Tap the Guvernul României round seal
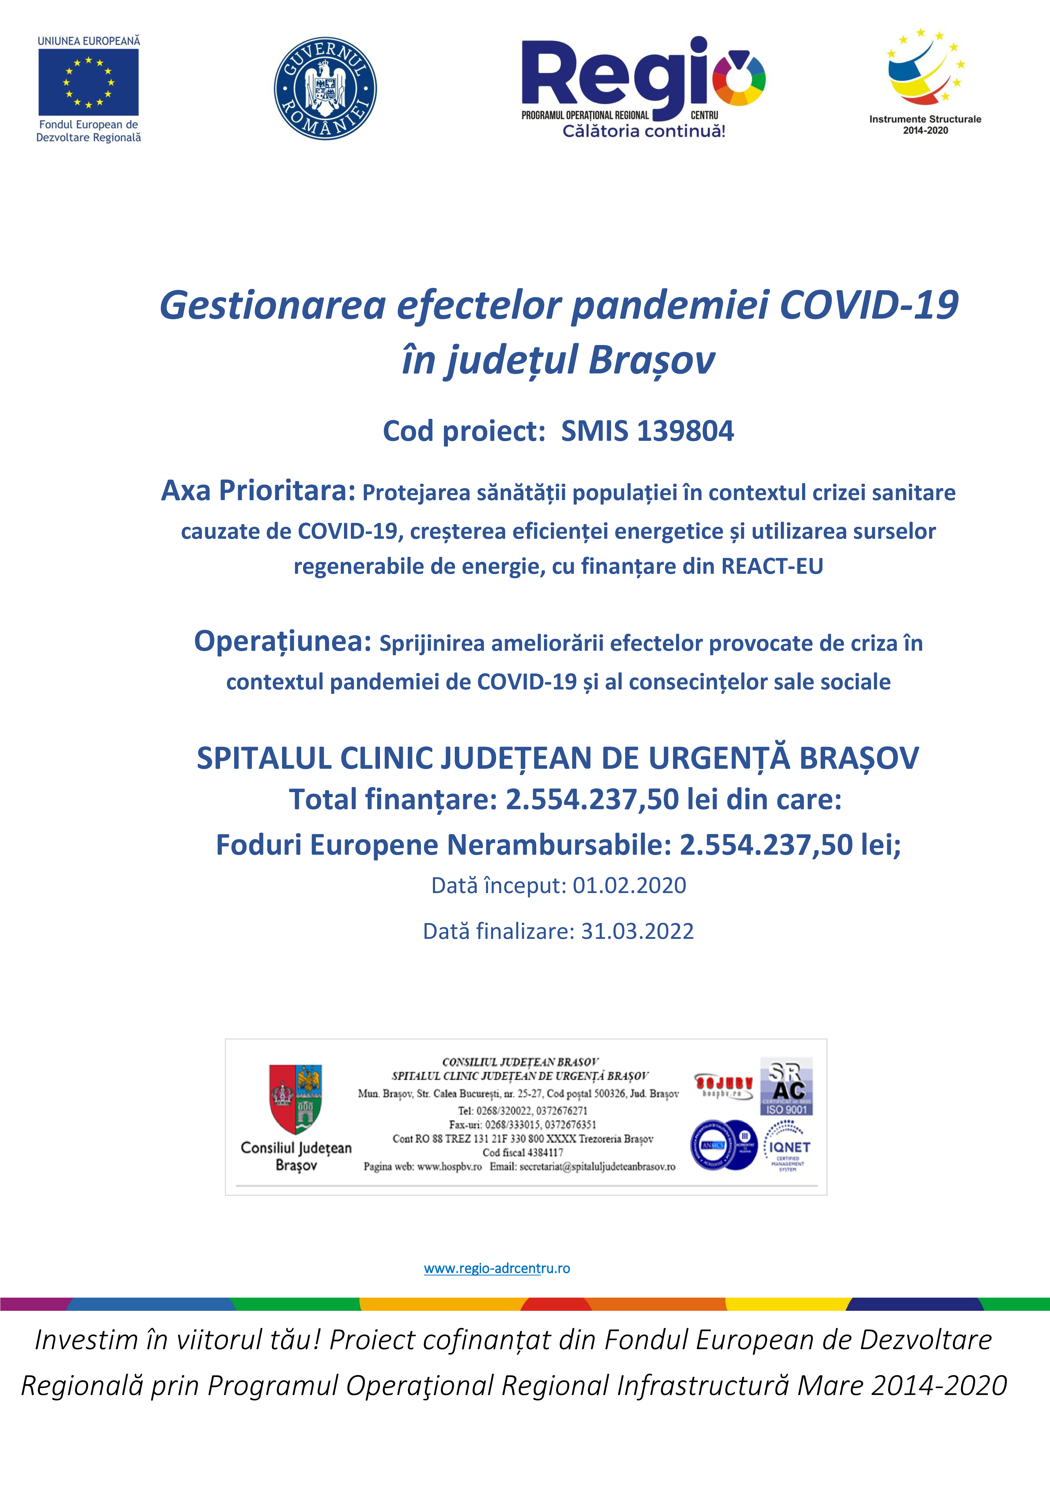[325, 89]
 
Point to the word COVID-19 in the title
[869, 305]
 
